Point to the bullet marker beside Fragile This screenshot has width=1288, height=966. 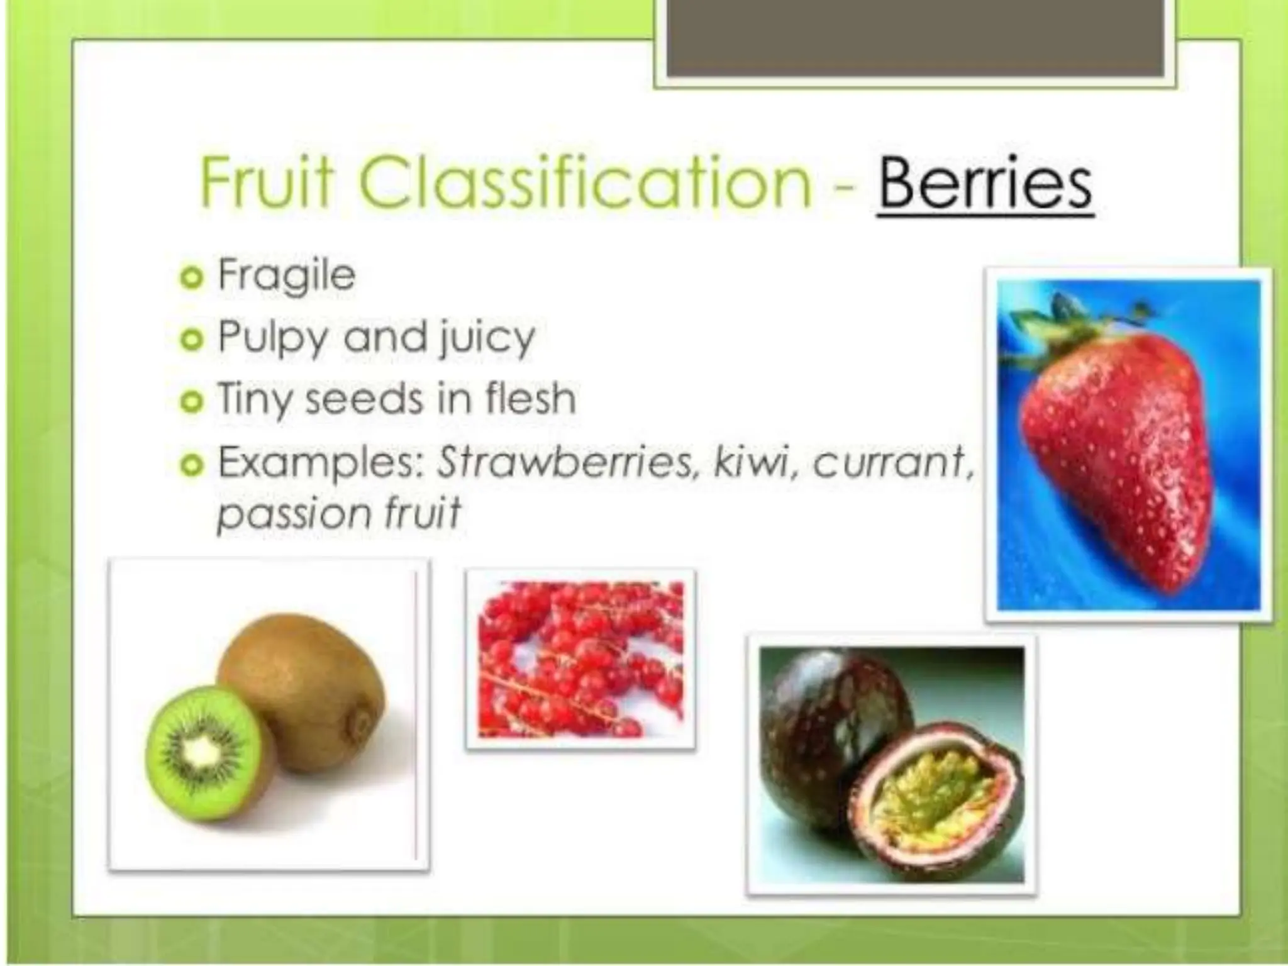(191, 277)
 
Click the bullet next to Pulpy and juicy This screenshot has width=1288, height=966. (191, 340)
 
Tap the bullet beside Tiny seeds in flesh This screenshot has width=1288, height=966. (191, 402)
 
